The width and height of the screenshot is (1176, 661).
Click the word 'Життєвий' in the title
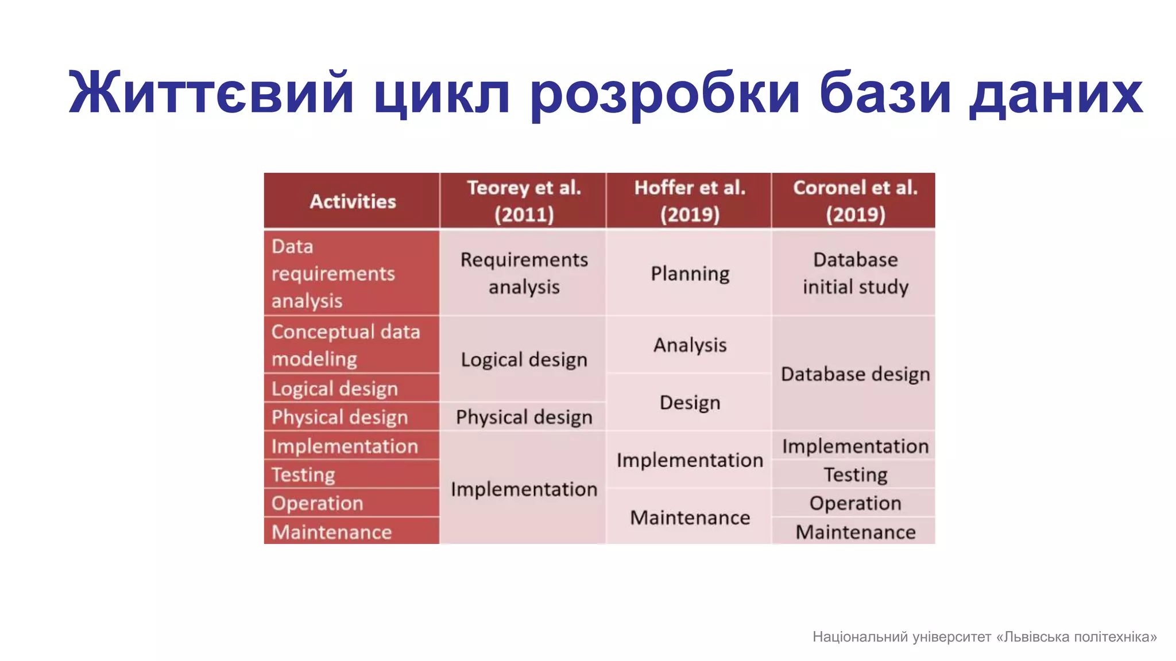click(210, 94)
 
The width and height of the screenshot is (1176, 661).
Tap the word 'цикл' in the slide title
click(441, 94)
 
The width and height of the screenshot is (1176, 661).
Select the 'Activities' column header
click(353, 201)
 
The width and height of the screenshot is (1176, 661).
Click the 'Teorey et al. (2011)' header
click(524, 201)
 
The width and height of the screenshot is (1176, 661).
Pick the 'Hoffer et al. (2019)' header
click(689, 201)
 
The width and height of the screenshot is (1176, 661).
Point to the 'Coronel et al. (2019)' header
click(855, 201)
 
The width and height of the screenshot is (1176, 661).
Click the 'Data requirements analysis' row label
click(333, 274)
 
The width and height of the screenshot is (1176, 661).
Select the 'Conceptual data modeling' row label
click(345, 345)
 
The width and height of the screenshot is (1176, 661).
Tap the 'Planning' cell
click(690, 274)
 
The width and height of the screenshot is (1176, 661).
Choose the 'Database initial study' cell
click(855, 274)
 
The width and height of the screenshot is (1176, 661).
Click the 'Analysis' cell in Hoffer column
click(690, 345)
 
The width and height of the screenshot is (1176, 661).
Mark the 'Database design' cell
click(855, 374)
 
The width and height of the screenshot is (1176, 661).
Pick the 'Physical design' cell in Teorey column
click(524, 417)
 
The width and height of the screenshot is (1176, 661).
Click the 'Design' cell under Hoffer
click(690, 402)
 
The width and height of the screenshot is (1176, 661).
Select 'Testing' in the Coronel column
click(855, 475)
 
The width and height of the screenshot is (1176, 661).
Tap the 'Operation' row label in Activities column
click(317, 503)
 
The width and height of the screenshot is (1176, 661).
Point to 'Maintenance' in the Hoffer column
click(690, 518)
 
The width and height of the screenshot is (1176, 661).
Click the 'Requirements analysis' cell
click(524, 274)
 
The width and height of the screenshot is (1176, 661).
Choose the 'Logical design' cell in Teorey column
click(524, 360)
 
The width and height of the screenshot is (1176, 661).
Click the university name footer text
click(984, 637)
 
